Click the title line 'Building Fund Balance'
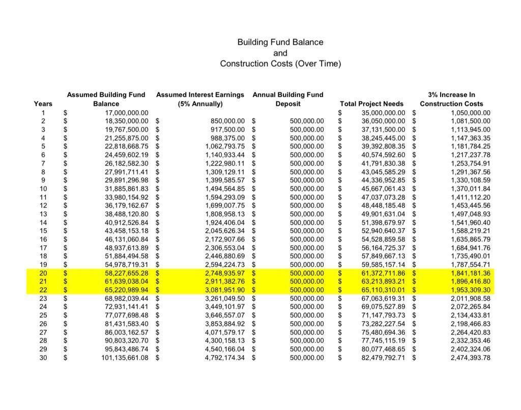[280, 42]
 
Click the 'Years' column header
[43, 104]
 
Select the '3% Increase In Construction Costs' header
[451, 99]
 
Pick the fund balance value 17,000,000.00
[127, 113]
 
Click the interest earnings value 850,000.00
[227, 121]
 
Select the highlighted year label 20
[43, 273]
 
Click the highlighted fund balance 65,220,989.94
[125, 290]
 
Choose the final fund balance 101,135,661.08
[125, 358]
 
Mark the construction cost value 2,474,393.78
[470, 358]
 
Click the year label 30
[43, 358]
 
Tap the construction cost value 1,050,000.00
[470, 113]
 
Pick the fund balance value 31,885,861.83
[125, 189]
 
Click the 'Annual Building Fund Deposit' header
[288, 99]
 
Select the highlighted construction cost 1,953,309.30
[470, 290]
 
